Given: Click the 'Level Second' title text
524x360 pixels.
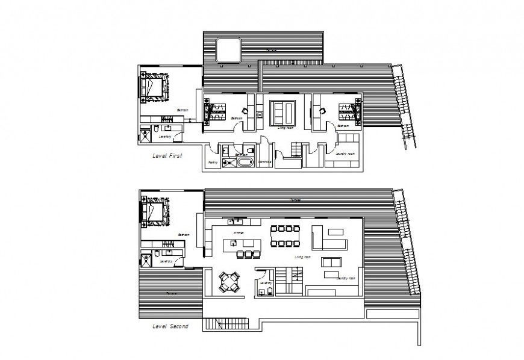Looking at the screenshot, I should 170,327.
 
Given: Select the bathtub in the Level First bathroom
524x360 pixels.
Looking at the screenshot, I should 244,162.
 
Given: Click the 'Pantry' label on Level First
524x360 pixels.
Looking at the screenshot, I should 213,163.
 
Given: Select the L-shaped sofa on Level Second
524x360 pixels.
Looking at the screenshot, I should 328,239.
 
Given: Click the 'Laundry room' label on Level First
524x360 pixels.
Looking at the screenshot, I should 346,154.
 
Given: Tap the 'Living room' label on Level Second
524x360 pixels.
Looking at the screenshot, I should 302,258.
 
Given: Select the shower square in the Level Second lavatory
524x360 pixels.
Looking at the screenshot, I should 145,260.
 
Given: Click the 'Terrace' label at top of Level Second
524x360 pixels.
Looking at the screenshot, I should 296,200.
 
